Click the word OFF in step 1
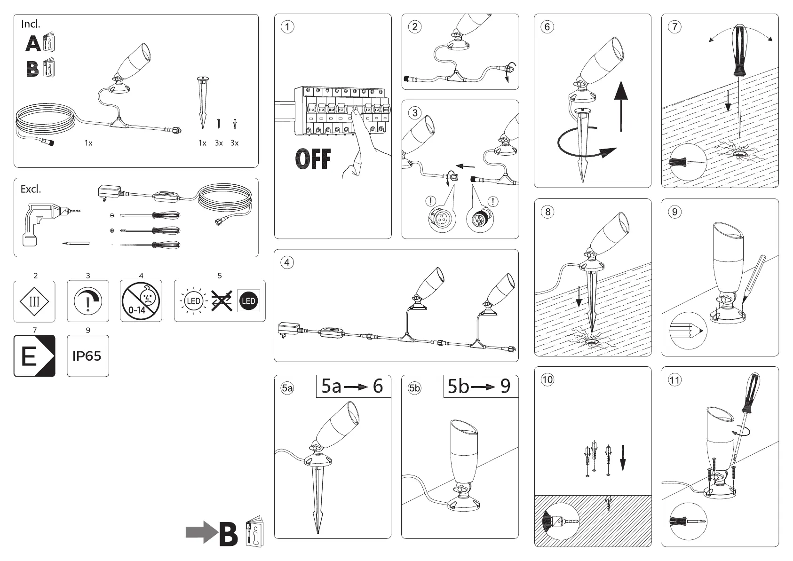[313, 159]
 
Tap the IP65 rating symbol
[87, 356]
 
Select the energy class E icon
[34, 356]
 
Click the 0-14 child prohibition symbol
[141, 301]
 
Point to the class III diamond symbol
[34, 301]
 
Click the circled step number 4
[287, 262]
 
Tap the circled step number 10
[547, 379]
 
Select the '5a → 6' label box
[353, 386]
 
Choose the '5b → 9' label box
[480, 386]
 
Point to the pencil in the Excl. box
[76, 243]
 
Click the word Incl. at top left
[31, 24]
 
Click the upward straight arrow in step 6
[621, 106]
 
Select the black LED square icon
[248, 301]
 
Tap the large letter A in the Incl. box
[33, 44]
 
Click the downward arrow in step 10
[623, 458]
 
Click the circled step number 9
[675, 212]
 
